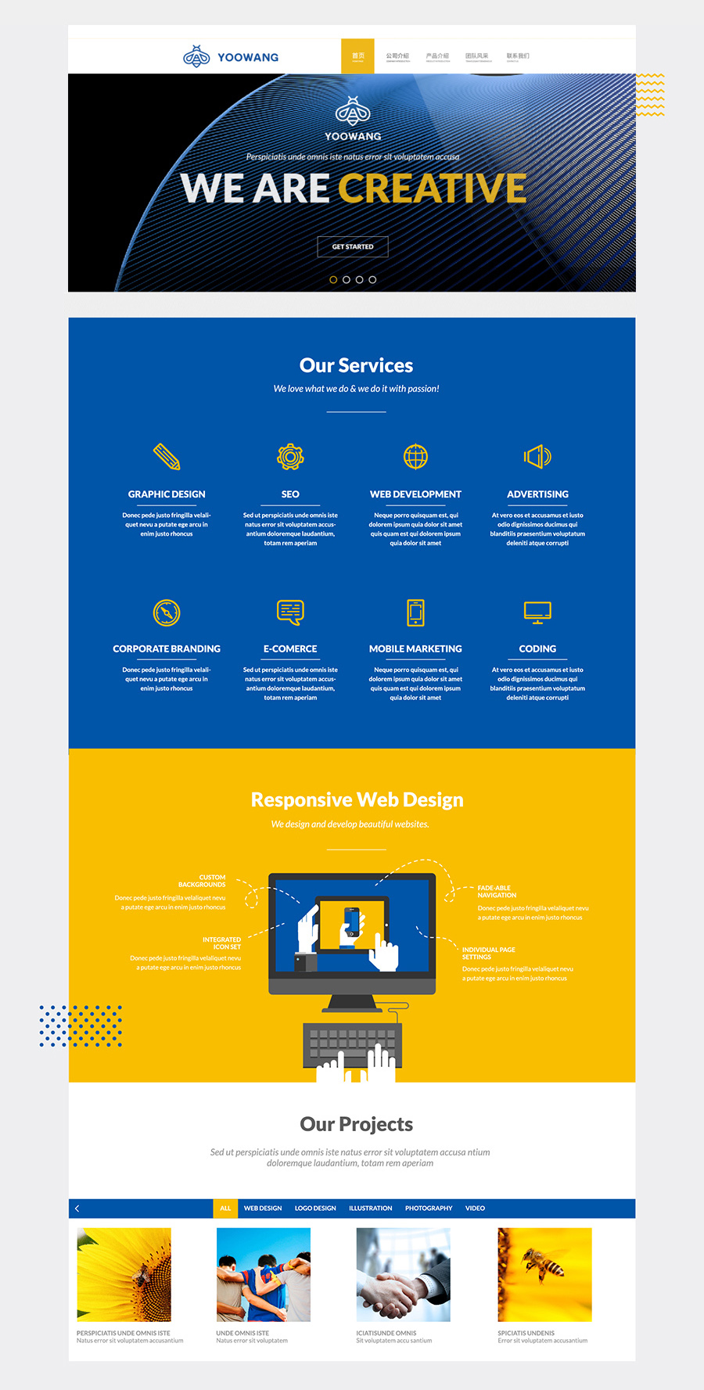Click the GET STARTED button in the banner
pos(353,246)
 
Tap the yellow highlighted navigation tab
pos(357,56)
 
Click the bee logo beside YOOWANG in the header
pos(196,56)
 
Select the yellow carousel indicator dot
pos(333,279)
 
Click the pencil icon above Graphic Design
pos(167,456)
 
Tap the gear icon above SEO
pos(290,456)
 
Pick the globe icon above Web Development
pos(415,456)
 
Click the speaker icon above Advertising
pos(537,456)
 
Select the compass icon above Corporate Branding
pos(167,612)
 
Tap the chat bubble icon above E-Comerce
pos(290,612)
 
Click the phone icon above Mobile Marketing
pos(415,612)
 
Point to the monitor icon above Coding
pos(537,612)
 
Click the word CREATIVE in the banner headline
pos(432,189)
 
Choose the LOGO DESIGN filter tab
pos(315,1209)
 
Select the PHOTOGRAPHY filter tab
pos(429,1209)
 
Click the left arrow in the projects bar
pos(77,1209)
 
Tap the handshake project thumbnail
pos(403,1274)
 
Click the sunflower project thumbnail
pos(124,1274)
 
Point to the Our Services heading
pos(356,365)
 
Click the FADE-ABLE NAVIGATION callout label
pos(497,892)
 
